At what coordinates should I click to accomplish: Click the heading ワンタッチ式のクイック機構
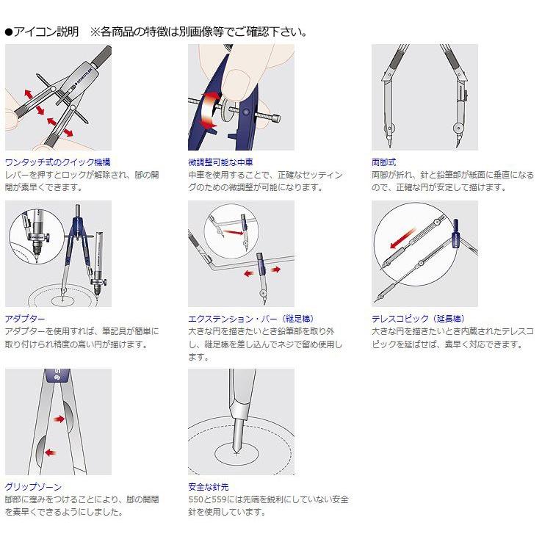pyautogui.click(x=58, y=162)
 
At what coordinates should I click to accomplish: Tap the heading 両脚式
pyautogui.click(x=384, y=162)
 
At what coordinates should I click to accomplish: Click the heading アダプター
pyautogui.click(x=25, y=319)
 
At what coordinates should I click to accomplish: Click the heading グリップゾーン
pyautogui.click(x=33, y=487)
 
